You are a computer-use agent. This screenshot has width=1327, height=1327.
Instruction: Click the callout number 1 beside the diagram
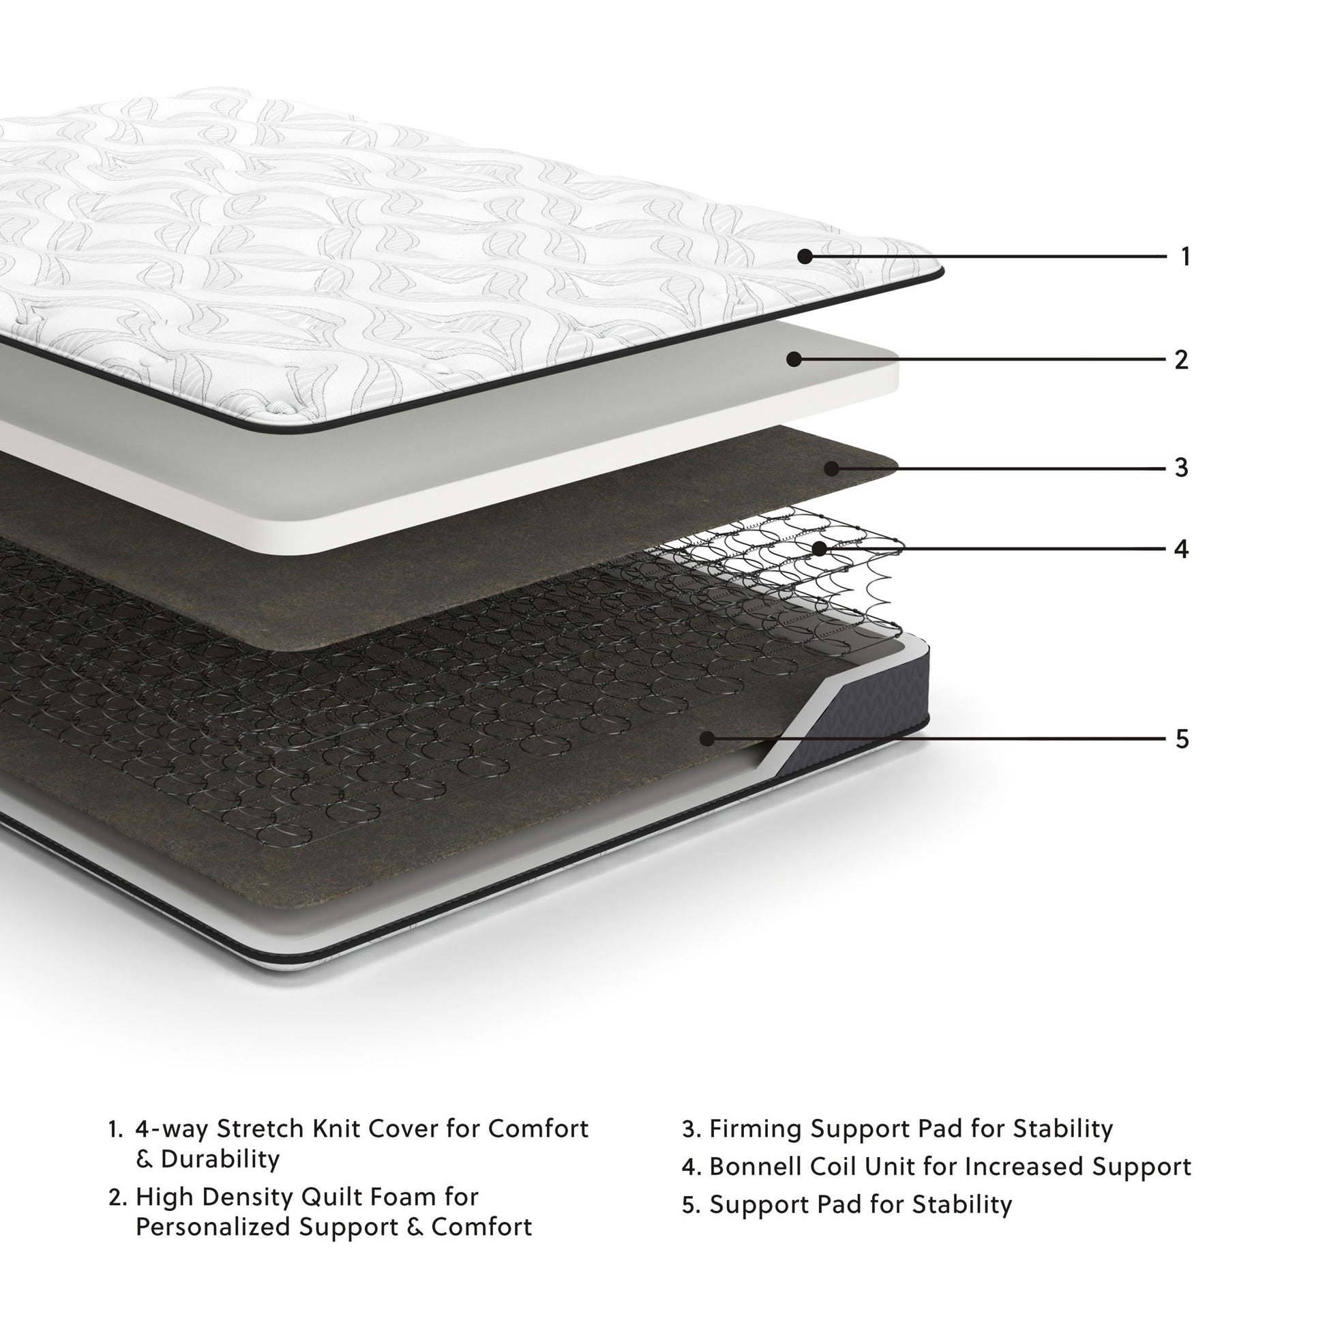coord(1185,257)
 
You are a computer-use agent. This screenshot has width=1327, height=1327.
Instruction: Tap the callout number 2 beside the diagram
coord(1180,360)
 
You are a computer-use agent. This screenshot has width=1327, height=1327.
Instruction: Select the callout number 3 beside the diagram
coord(1181,468)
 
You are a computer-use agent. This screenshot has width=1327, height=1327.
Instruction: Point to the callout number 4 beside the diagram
coord(1181,549)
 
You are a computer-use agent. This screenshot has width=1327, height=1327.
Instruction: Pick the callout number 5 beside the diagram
coord(1182,739)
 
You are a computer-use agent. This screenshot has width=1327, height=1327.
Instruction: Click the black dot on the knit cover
coord(805,257)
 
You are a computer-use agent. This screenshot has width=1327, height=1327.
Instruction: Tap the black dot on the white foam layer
coord(794,359)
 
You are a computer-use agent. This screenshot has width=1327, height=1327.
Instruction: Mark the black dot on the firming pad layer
coord(832,469)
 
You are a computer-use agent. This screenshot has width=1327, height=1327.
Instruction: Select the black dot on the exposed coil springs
coord(819,549)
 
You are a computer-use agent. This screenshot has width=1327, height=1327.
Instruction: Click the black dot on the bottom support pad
coord(706,739)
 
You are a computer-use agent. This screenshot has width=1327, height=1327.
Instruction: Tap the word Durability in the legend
coord(220,1159)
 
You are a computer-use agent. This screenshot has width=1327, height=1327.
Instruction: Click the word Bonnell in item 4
coord(754,1167)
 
